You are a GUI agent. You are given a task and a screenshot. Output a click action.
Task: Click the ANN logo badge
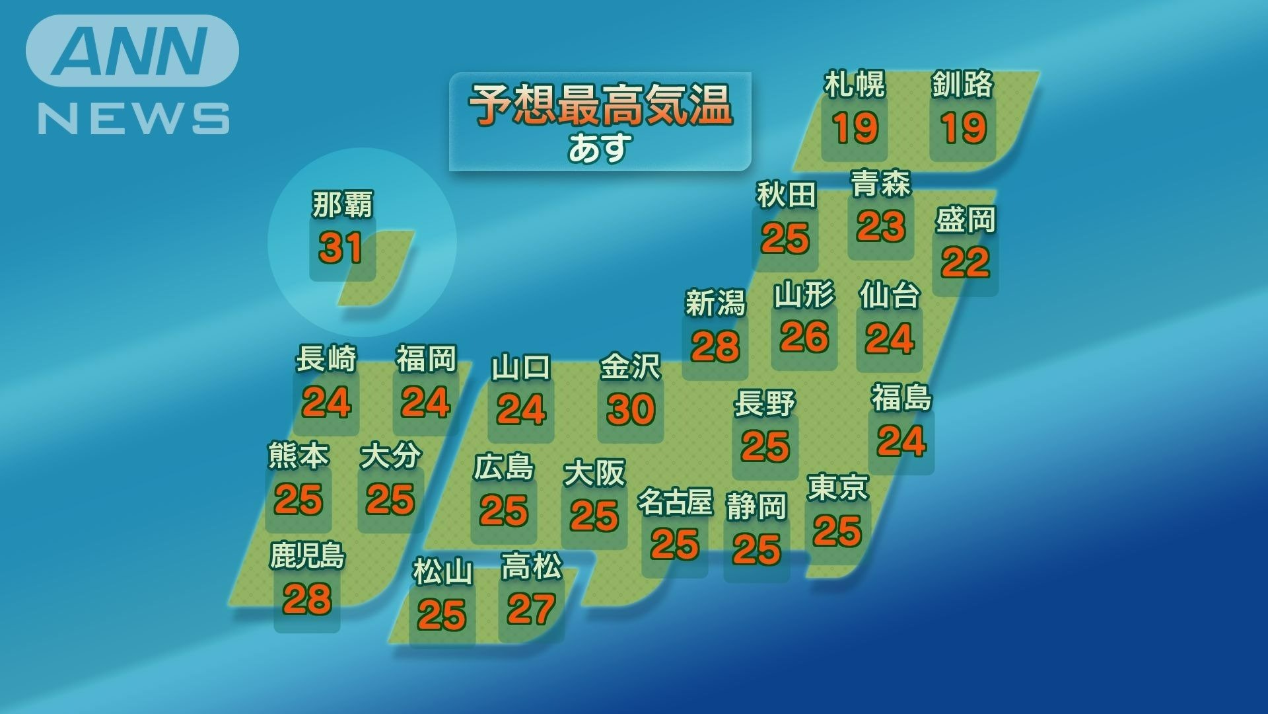pyautogui.click(x=132, y=51)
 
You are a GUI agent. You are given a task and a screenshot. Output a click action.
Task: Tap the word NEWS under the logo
pyautogui.click(x=133, y=119)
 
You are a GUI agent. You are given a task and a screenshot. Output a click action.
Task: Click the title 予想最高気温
pyautogui.click(x=600, y=105)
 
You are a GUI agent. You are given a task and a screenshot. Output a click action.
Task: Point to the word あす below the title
pyautogui.click(x=600, y=147)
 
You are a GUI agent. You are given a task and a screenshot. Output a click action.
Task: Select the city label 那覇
pyautogui.click(x=342, y=204)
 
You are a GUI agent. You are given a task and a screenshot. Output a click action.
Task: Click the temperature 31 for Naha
pyautogui.click(x=341, y=248)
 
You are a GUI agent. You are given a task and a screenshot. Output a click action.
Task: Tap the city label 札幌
pyautogui.click(x=854, y=85)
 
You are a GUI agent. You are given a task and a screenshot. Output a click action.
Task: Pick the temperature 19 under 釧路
pyautogui.click(x=964, y=128)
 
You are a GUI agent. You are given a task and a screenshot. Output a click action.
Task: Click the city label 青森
pyautogui.click(x=880, y=183)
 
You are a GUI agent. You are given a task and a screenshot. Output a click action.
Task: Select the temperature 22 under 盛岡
pyautogui.click(x=965, y=262)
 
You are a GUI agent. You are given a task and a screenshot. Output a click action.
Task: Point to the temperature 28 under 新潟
pyautogui.click(x=715, y=346)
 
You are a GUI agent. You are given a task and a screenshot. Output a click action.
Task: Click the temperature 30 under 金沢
pyautogui.click(x=631, y=409)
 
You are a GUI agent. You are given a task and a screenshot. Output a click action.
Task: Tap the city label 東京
pyautogui.click(x=837, y=488)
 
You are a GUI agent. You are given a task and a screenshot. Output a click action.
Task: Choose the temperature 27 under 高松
pyautogui.click(x=531, y=610)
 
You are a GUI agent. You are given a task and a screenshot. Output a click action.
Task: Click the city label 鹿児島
pyautogui.click(x=307, y=556)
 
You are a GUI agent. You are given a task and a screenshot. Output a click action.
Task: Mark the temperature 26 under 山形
pyautogui.click(x=804, y=337)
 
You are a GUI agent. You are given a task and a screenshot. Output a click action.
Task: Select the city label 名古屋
pyautogui.click(x=674, y=502)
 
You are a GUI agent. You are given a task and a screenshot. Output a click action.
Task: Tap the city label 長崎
pyautogui.click(x=326, y=359)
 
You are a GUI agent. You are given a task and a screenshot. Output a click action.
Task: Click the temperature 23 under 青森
pyautogui.click(x=880, y=227)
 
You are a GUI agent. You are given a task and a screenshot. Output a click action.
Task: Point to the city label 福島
pyautogui.click(x=901, y=398)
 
